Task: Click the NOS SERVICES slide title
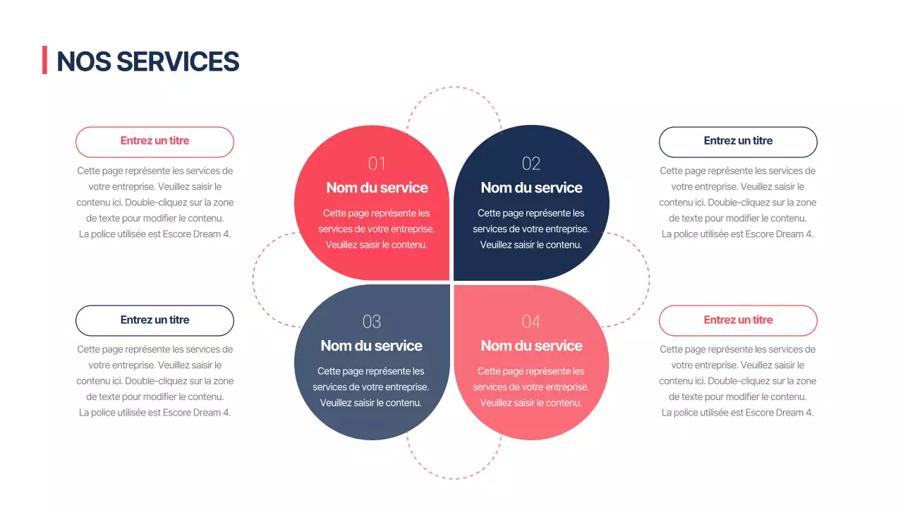click(147, 61)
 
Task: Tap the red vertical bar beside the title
click(44, 60)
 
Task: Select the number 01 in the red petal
click(377, 164)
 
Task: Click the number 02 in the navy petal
click(531, 164)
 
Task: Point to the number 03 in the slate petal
click(371, 322)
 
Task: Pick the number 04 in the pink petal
click(531, 322)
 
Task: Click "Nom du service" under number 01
click(377, 188)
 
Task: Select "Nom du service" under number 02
click(531, 188)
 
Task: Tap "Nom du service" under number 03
click(371, 346)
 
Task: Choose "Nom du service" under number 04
click(531, 346)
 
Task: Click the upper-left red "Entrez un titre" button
click(154, 141)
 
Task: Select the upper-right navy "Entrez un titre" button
click(738, 141)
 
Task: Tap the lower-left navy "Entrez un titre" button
click(154, 320)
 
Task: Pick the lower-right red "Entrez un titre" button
click(738, 320)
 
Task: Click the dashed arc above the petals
click(454, 87)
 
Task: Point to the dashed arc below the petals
click(454, 478)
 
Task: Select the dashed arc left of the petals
click(254, 281)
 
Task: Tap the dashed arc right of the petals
click(648, 281)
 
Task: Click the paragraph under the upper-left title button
click(154, 202)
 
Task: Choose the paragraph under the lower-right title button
click(738, 381)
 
